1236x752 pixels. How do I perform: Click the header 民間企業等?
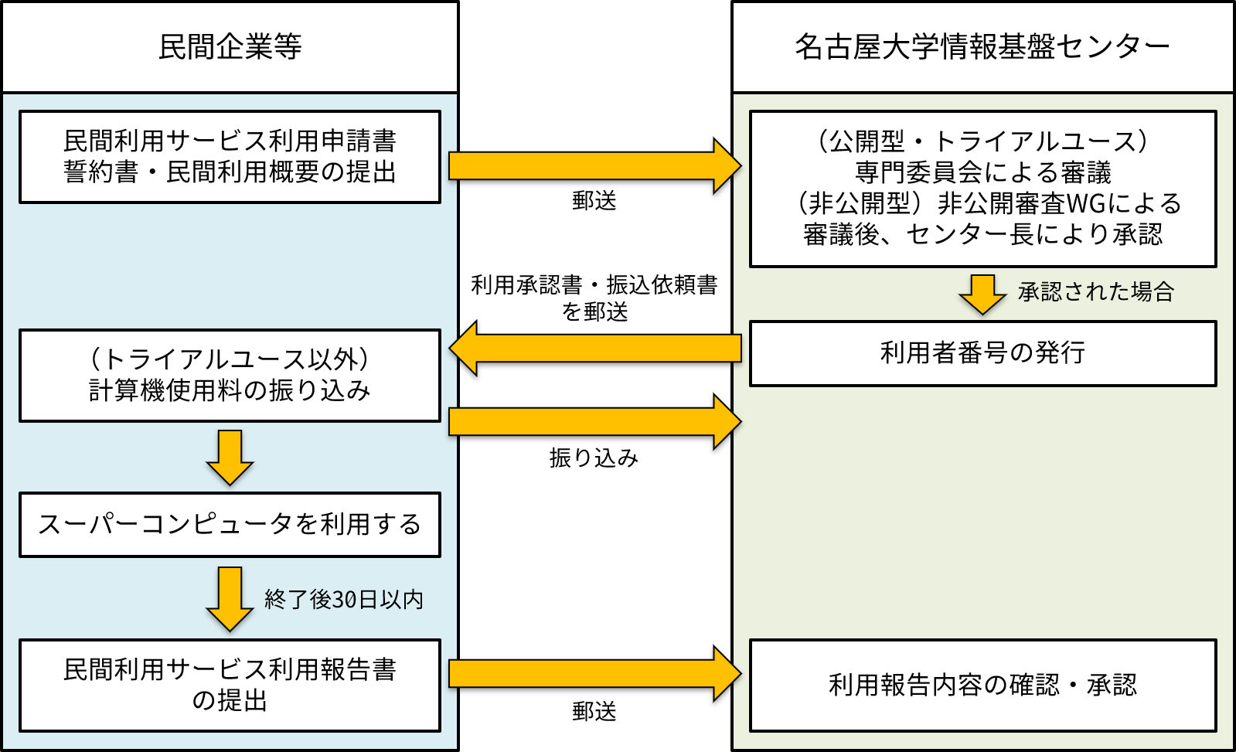point(230,47)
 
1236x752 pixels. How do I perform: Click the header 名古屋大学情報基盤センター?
point(982,47)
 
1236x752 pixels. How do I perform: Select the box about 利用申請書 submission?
point(230,157)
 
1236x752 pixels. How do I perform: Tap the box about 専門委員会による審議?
point(982,189)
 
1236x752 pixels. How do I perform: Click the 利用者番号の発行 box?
point(982,353)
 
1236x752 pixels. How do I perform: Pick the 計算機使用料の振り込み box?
point(230,376)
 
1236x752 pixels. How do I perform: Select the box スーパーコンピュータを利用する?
point(230,525)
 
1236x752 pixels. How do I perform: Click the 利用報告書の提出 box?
point(230,686)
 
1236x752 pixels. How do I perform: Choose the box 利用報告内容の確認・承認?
point(982,686)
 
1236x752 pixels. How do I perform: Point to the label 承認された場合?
point(1096,292)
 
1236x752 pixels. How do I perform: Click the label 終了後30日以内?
point(344,600)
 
